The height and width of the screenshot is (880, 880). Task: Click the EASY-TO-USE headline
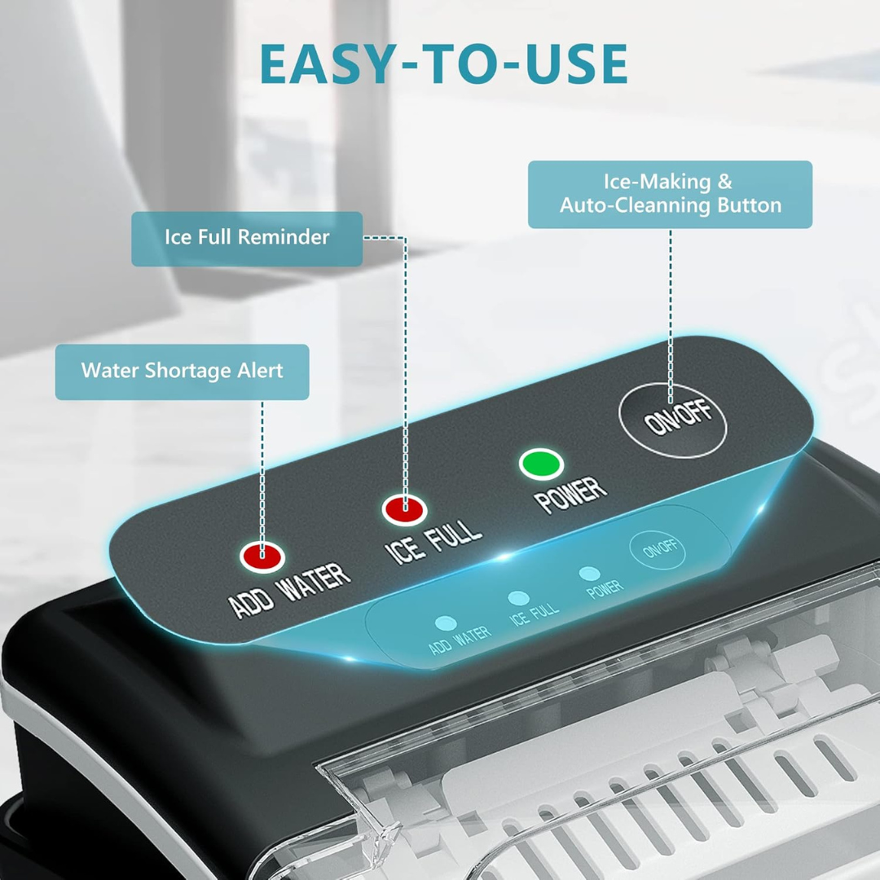tap(444, 64)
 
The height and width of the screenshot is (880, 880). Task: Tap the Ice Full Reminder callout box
tap(247, 238)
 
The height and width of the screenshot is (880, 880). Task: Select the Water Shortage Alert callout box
tap(182, 372)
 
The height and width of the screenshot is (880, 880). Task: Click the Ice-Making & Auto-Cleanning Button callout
tap(670, 194)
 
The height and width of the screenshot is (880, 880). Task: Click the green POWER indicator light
tap(541, 464)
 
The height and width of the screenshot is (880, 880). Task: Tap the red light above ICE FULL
tap(405, 510)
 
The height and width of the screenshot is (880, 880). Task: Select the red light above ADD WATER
tap(262, 557)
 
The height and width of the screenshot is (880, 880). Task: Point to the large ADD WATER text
tap(290, 590)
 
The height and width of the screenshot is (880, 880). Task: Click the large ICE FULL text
tap(433, 540)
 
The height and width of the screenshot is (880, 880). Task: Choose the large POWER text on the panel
tap(571, 495)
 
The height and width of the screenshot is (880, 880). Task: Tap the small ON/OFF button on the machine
tap(657, 551)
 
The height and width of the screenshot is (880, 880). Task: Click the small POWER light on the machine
tap(589, 574)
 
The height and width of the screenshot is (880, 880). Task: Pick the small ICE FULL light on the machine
tap(516, 599)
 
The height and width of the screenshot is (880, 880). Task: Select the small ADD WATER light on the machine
tap(444, 623)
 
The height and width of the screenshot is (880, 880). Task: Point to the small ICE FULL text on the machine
tap(535, 614)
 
